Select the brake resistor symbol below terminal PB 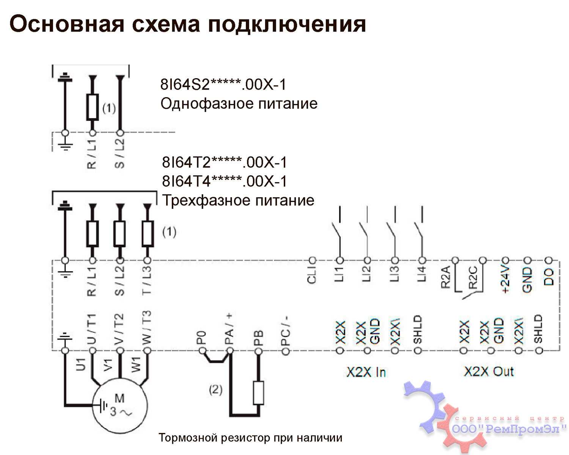click(258, 393)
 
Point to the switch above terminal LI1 click(337, 231)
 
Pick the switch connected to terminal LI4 click(419, 231)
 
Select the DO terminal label click(549, 276)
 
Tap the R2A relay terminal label click(446, 277)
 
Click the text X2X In click(366, 372)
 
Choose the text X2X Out click(489, 372)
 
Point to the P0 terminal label click(202, 337)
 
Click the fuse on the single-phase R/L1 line click(92, 107)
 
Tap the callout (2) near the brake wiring click(216, 389)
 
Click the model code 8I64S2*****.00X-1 click(223, 85)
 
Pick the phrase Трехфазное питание click(238, 200)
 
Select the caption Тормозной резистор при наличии click(250, 438)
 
